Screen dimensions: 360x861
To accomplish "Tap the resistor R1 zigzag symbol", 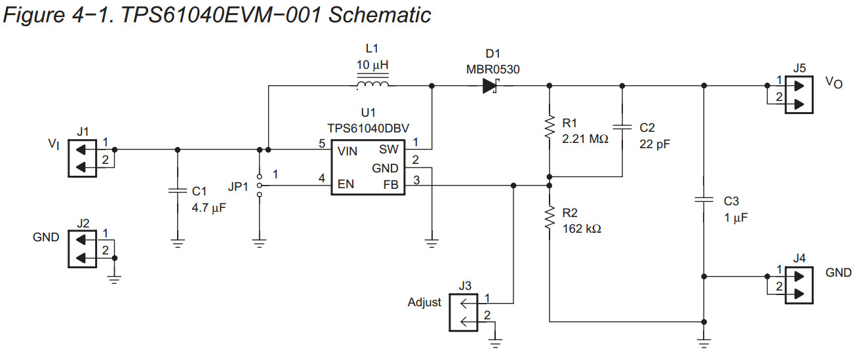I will tap(550, 127).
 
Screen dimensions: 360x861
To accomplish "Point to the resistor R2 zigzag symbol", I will tap(550, 217).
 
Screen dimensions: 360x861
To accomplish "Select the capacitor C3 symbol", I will tap(704, 199).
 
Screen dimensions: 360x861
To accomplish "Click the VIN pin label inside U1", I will tap(348, 151).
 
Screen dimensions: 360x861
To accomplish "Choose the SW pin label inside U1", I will tap(389, 151).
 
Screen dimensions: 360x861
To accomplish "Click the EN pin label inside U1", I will tap(346, 184).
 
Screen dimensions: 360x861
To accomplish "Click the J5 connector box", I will tap(798, 96).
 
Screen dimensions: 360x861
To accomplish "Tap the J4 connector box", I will tap(798, 285).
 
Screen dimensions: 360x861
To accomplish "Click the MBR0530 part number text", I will tap(492, 69).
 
